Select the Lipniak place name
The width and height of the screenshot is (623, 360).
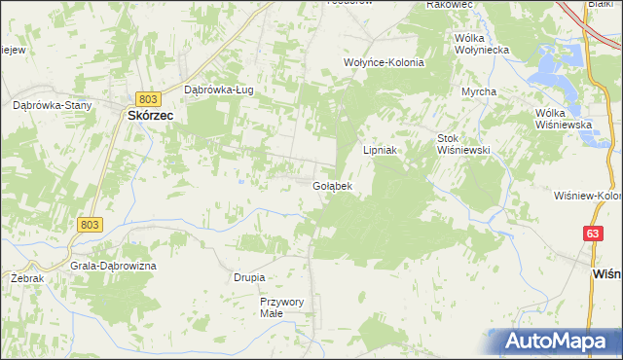pos(383,151)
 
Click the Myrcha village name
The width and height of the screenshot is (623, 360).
pos(479,91)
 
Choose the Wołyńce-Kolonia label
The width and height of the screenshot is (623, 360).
pos(385,61)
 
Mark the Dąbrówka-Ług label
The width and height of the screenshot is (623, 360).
pos(219,90)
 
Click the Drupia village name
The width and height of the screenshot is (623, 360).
pos(249,277)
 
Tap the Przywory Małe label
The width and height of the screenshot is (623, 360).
pos(282,307)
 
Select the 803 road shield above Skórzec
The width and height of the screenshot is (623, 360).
pos(147,98)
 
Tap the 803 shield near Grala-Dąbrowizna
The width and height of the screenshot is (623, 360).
pos(89,225)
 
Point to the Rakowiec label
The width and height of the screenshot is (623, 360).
pos(449,5)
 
